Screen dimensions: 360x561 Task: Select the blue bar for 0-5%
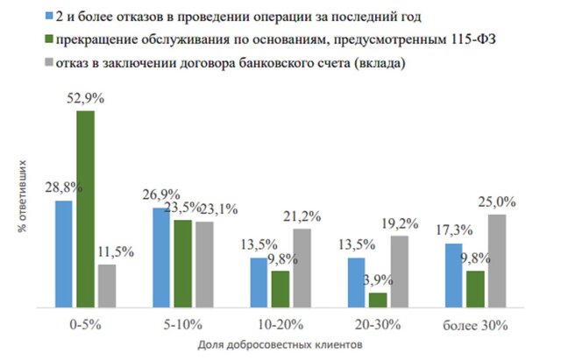pyautogui.click(x=63, y=254)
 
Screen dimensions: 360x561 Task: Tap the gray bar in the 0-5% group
pyautogui.click(x=106, y=286)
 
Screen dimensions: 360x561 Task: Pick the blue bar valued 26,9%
pyautogui.click(x=161, y=258)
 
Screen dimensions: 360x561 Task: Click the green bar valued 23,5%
pyautogui.click(x=182, y=264)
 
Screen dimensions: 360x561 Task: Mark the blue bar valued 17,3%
pyautogui.click(x=454, y=275)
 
